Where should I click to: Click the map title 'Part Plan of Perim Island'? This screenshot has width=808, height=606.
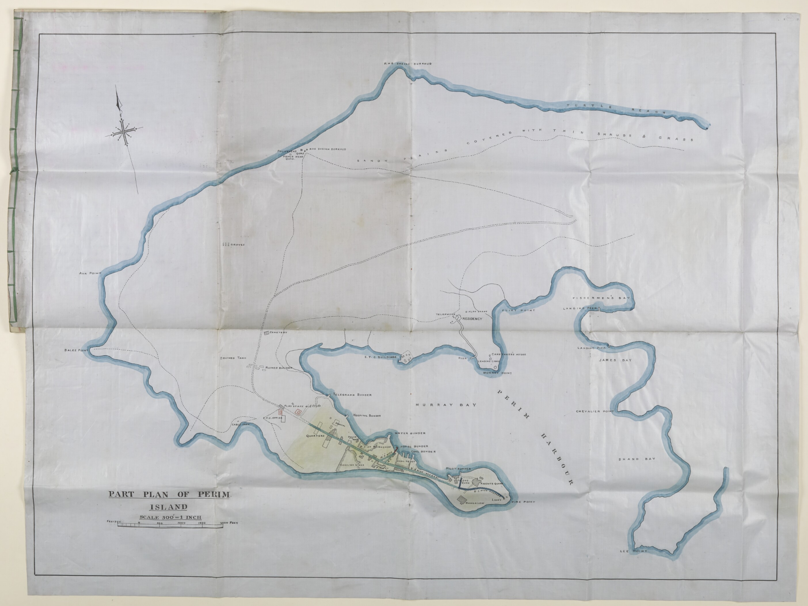point(169,500)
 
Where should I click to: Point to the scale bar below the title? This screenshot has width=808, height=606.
point(170,525)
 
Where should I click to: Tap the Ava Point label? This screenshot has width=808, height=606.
point(89,273)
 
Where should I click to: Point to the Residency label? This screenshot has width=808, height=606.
point(472,319)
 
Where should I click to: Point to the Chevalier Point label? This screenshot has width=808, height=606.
point(595,411)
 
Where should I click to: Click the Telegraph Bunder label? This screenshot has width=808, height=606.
point(352,395)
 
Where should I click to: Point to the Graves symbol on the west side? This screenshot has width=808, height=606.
point(225,245)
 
